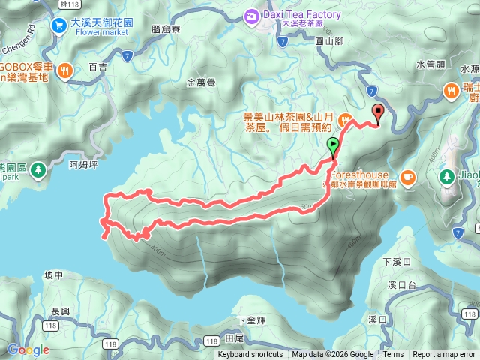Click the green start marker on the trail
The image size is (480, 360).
[333, 145]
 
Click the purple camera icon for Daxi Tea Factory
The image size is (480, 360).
[252, 14]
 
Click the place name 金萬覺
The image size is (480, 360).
[201, 83]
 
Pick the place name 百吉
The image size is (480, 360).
[98, 67]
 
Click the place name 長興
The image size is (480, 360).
[60, 311]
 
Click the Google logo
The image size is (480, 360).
[28, 349]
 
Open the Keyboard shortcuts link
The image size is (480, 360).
[250, 355]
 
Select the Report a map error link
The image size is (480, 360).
[444, 355]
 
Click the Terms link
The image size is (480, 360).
[393, 355]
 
